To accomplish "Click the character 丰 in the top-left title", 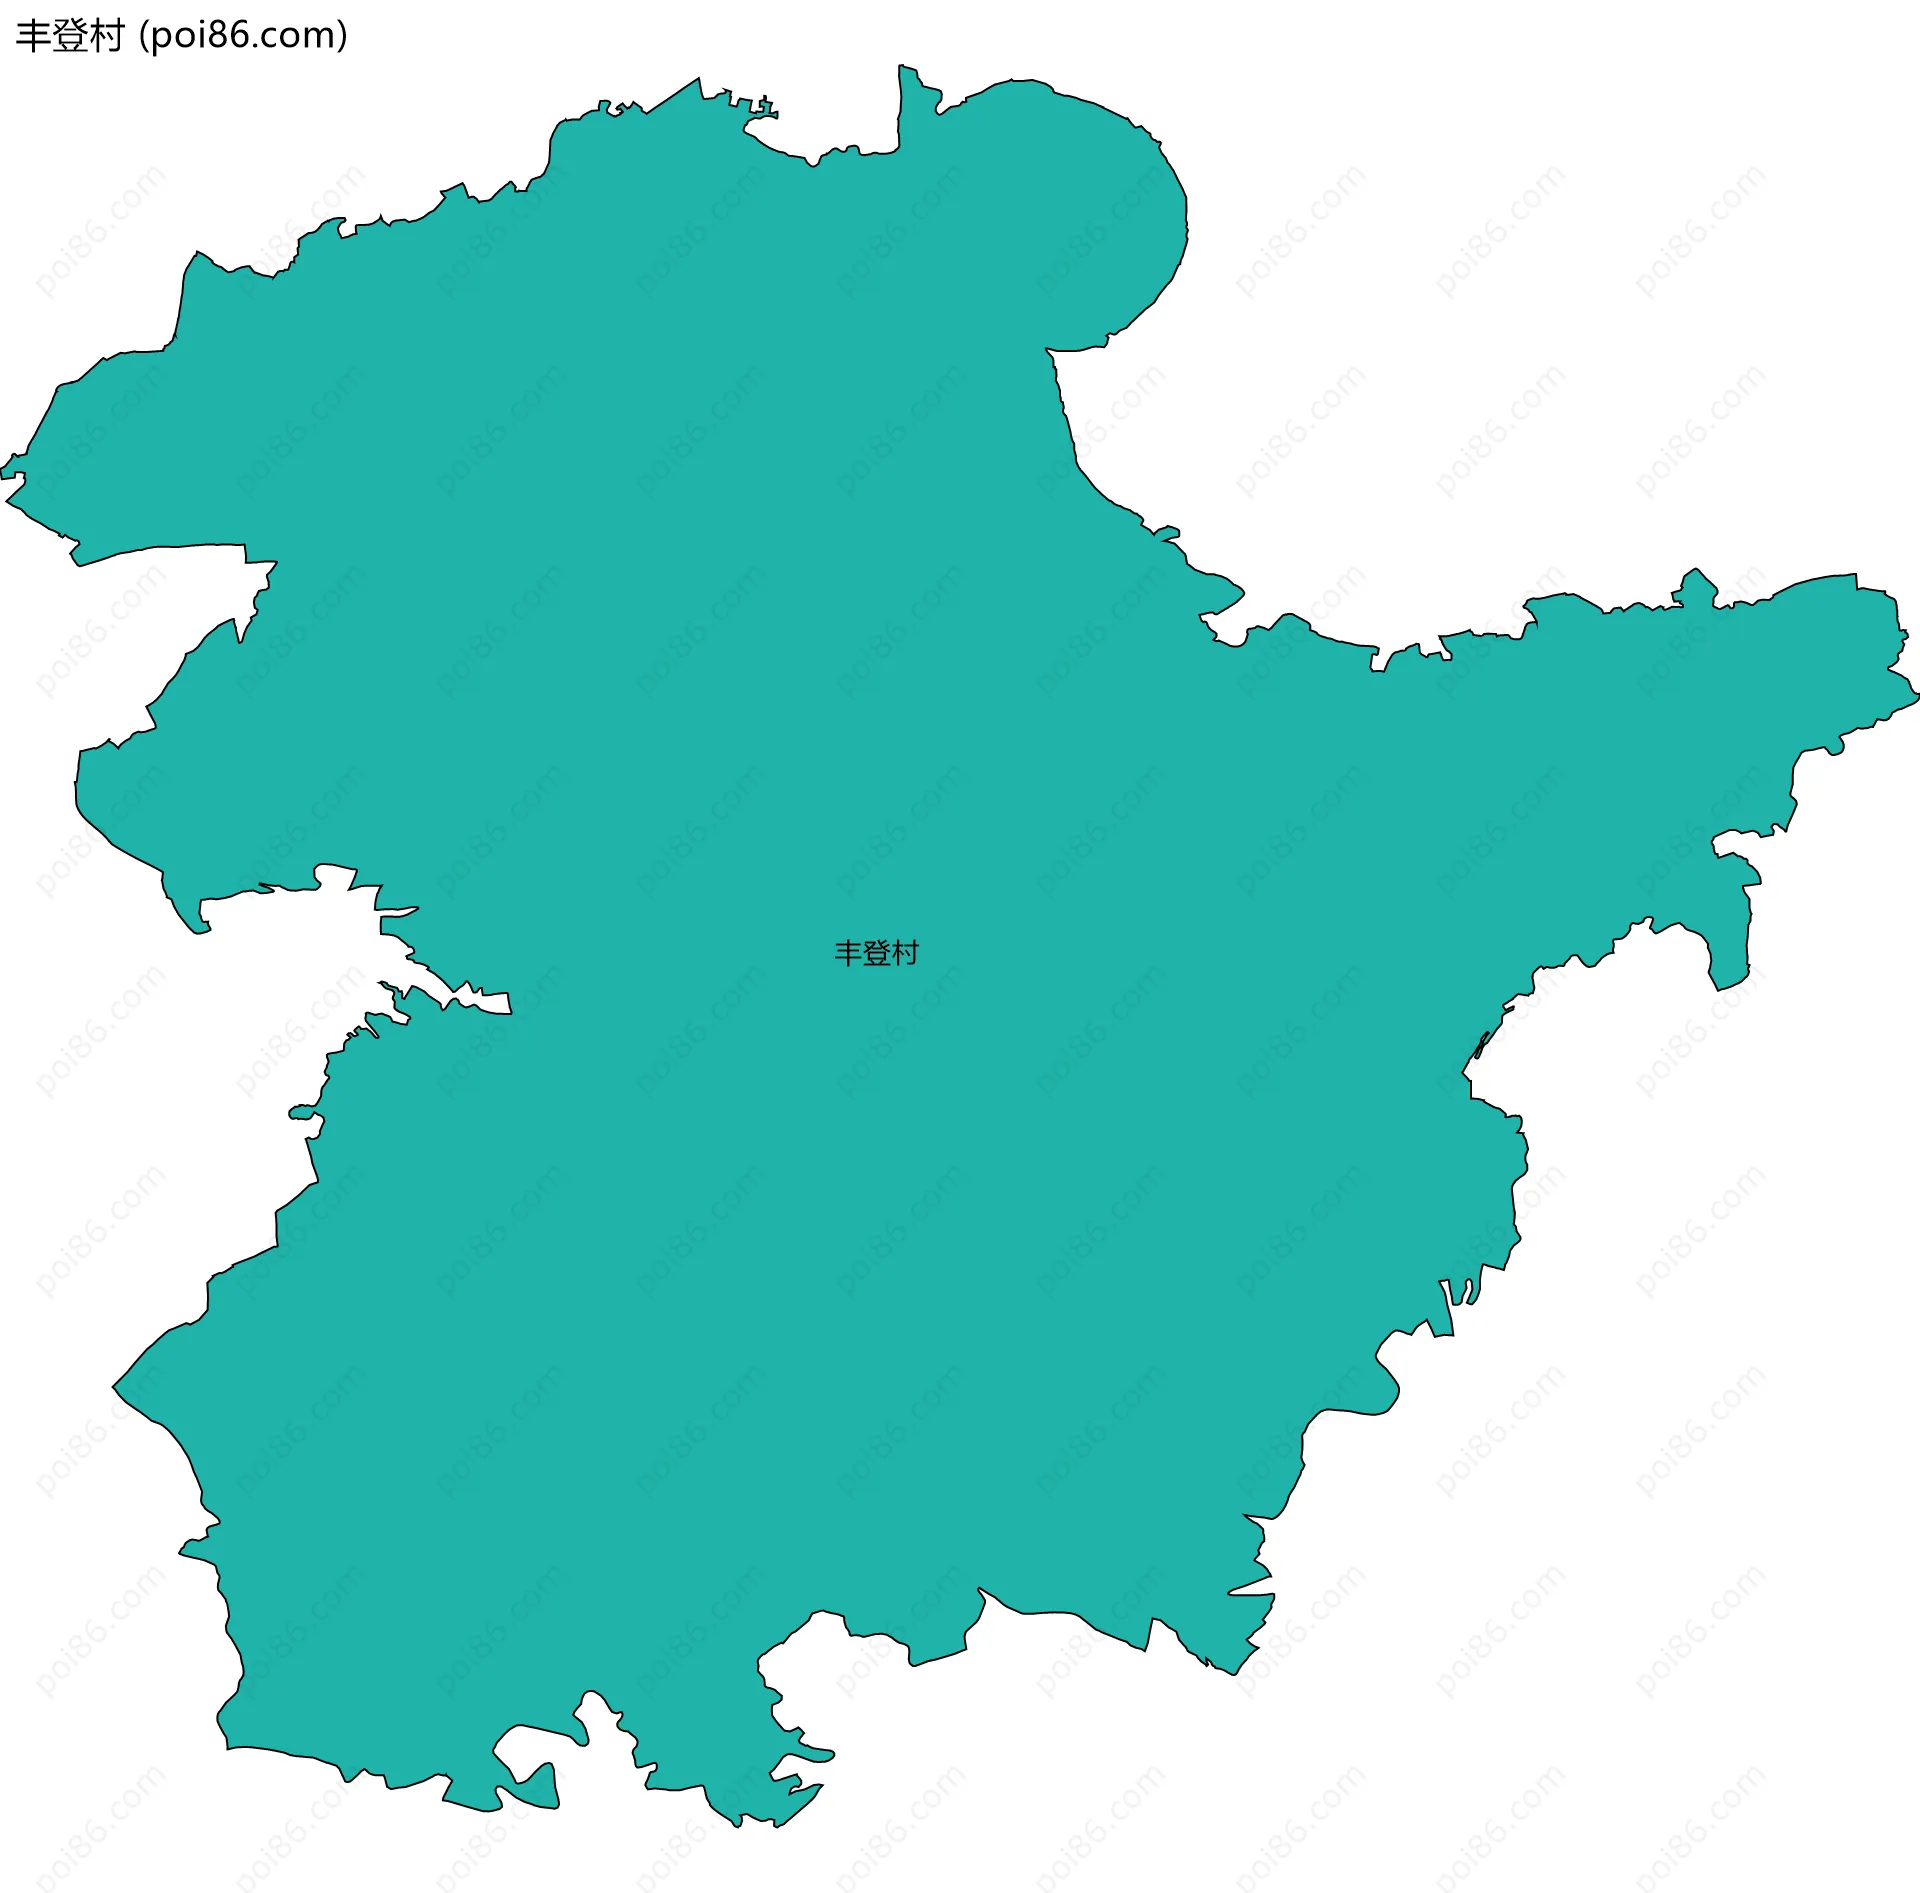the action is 33,36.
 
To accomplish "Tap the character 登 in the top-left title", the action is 69,36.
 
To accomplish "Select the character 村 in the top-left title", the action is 105,36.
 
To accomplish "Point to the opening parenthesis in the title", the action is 143,37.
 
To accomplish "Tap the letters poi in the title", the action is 173,36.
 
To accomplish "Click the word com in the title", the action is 298,36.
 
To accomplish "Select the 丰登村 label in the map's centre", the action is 876,953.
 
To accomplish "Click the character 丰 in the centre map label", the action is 848,953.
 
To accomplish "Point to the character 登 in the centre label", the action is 876,953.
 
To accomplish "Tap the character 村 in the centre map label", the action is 904,953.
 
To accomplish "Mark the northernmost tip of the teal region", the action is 902,66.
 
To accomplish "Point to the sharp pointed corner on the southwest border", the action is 113,1387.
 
